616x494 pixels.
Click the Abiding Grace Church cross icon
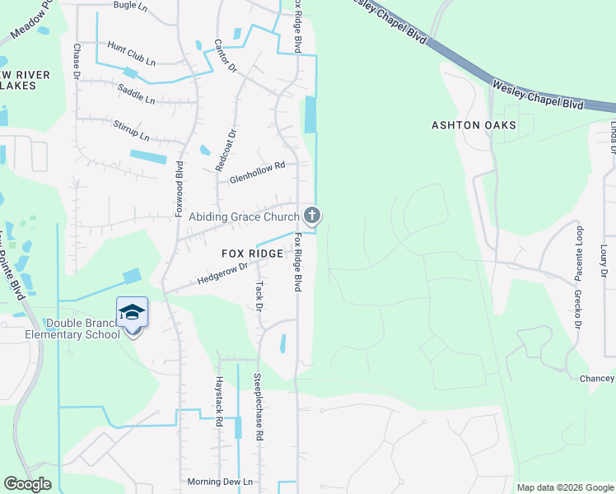pyautogui.click(x=311, y=217)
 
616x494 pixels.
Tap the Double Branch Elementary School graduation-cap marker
pyautogui.click(x=132, y=313)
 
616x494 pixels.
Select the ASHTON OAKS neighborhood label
pyautogui.click(x=474, y=125)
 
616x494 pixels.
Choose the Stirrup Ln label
pyautogui.click(x=133, y=130)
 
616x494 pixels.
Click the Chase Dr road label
pyautogui.click(x=76, y=61)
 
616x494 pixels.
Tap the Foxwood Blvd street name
pyautogui.click(x=179, y=189)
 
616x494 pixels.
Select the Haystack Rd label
pyautogui.click(x=219, y=400)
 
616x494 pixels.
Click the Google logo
pyautogui.click(x=27, y=484)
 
